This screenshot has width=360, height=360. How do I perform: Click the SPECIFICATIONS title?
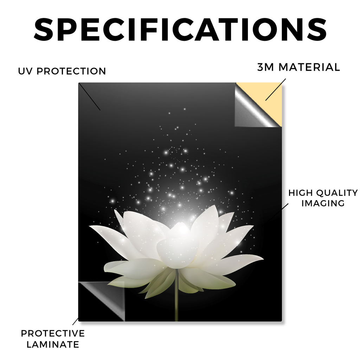[180, 30]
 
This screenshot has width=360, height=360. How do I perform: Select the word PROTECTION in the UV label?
[71, 71]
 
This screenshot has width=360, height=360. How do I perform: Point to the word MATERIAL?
[309, 67]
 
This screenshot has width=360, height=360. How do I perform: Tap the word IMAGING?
[323, 203]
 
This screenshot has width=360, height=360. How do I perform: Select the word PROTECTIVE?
[53, 333]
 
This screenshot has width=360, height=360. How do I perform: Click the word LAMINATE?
[53, 345]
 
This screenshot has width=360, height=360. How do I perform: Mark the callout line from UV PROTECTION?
[90, 97]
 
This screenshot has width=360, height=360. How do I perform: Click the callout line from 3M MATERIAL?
[276, 90]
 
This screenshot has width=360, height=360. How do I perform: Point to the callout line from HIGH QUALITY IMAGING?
[276, 215]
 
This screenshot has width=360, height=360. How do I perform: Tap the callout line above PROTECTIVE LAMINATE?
[75, 321]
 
